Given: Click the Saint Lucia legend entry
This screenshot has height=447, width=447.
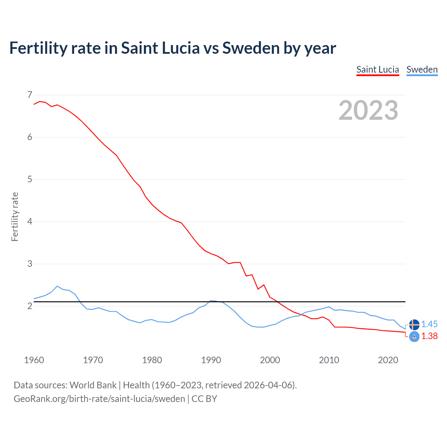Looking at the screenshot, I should (378, 69).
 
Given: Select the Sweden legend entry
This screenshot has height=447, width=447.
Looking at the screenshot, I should (422, 69).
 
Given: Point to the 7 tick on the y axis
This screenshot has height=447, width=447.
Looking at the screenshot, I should (30, 95).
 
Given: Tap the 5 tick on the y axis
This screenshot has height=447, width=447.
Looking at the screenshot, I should (30, 179).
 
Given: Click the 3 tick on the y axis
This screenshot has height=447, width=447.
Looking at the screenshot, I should (30, 264).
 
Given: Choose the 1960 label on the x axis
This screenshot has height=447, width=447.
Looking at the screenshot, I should (34, 360).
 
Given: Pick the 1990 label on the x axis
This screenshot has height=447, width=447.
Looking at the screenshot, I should (211, 360).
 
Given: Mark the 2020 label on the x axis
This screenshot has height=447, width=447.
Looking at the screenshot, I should (388, 360).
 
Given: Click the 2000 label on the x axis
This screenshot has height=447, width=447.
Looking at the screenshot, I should (270, 360).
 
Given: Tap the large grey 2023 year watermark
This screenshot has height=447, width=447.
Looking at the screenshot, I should (368, 110).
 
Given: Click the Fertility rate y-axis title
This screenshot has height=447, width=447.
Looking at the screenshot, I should (15, 217).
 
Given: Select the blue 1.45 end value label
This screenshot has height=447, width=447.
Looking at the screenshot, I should (429, 324).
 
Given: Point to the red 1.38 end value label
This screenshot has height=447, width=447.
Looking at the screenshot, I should (429, 336).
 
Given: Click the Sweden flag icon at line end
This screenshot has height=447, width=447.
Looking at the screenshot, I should (414, 324).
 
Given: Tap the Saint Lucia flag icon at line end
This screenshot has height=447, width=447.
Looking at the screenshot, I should (414, 337).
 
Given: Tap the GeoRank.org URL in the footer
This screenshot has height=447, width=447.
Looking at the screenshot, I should (99, 399).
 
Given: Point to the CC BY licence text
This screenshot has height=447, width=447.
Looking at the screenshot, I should (204, 399).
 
